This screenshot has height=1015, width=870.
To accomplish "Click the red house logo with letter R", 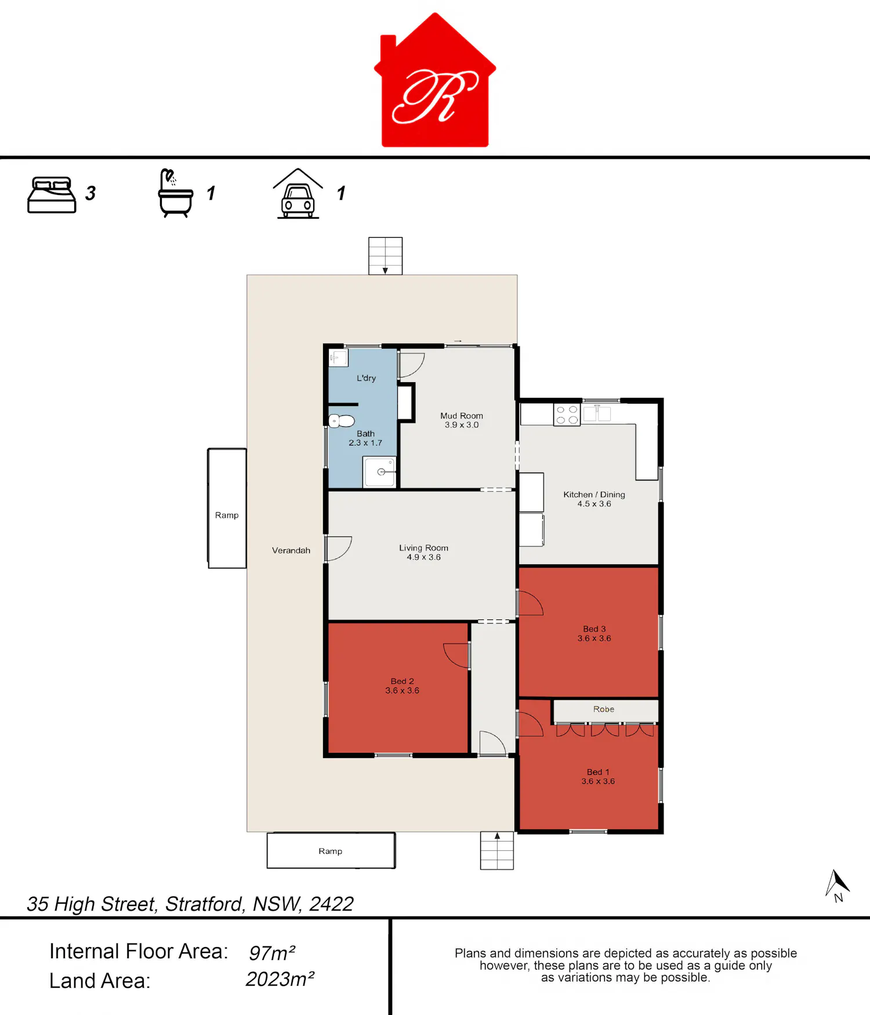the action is [x=435, y=81].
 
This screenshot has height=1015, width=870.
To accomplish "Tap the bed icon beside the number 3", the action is [x=52, y=195].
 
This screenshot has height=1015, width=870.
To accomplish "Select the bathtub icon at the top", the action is [x=175, y=193].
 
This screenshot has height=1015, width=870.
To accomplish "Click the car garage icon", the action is [x=298, y=194].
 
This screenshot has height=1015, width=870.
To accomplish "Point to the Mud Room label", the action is [x=462, y=416].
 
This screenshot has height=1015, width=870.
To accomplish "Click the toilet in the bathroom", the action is [x=342, y=420].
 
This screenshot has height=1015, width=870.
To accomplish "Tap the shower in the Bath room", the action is [x=380, y=472].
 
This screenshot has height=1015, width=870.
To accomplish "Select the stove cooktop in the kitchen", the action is [x=567, y=414].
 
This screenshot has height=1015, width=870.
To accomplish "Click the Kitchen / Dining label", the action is [x=594, y=495].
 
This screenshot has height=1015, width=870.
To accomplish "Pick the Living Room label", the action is [x=423, y=548].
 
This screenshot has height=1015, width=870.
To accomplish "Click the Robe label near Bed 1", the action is [x=604, y=709].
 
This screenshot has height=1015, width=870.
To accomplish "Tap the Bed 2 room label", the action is [x=402, y=681].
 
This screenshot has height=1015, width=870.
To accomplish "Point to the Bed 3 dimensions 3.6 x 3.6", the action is [x=594, y=639].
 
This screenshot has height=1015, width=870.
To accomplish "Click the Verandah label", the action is [x=291, y=550].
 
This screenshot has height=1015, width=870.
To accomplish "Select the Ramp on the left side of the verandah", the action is [x=227, y=508].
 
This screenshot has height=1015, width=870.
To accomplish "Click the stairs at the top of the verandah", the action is [x=385, y=256].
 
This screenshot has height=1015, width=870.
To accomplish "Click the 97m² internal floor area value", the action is [x=272, y=953].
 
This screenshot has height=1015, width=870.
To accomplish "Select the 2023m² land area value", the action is [x=280, y=980].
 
